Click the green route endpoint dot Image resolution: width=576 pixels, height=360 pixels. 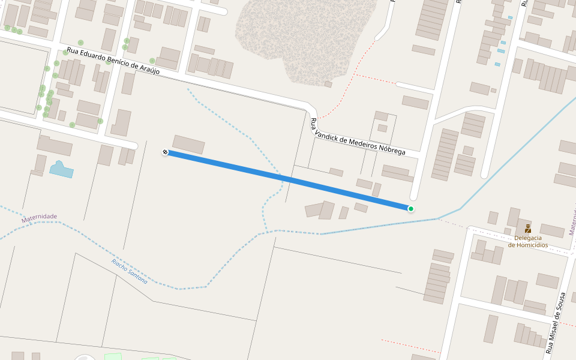[411, 209]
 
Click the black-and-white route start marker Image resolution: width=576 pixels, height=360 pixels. [165, 152]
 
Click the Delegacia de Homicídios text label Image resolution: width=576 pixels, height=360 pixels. [528, 241]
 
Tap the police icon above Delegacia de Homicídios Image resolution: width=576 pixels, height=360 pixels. [528, 229]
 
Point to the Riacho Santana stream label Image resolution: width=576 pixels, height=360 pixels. [129, 271]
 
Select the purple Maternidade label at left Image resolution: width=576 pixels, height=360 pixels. [39, 218]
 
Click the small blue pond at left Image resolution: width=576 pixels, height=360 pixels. [61, 169]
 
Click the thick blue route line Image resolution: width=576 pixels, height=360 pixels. [288, 180]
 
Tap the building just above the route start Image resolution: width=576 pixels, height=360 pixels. [188, 144]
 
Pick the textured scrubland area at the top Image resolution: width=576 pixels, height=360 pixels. [300, 36]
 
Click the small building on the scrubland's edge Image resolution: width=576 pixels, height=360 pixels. [328, 84]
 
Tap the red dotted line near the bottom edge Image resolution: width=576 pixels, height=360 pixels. [408, 345]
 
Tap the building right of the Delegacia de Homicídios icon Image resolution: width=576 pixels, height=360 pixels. [552, 230]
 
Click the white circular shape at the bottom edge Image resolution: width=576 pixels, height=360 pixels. [84, 358]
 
